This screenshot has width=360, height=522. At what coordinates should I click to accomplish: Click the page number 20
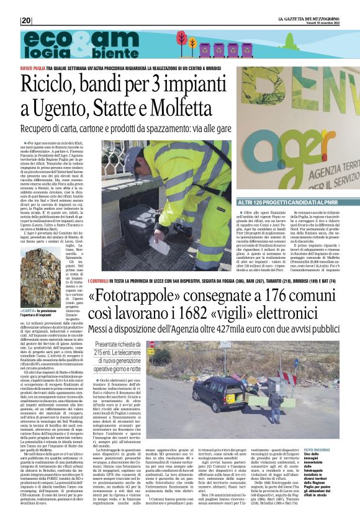[25, 20]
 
